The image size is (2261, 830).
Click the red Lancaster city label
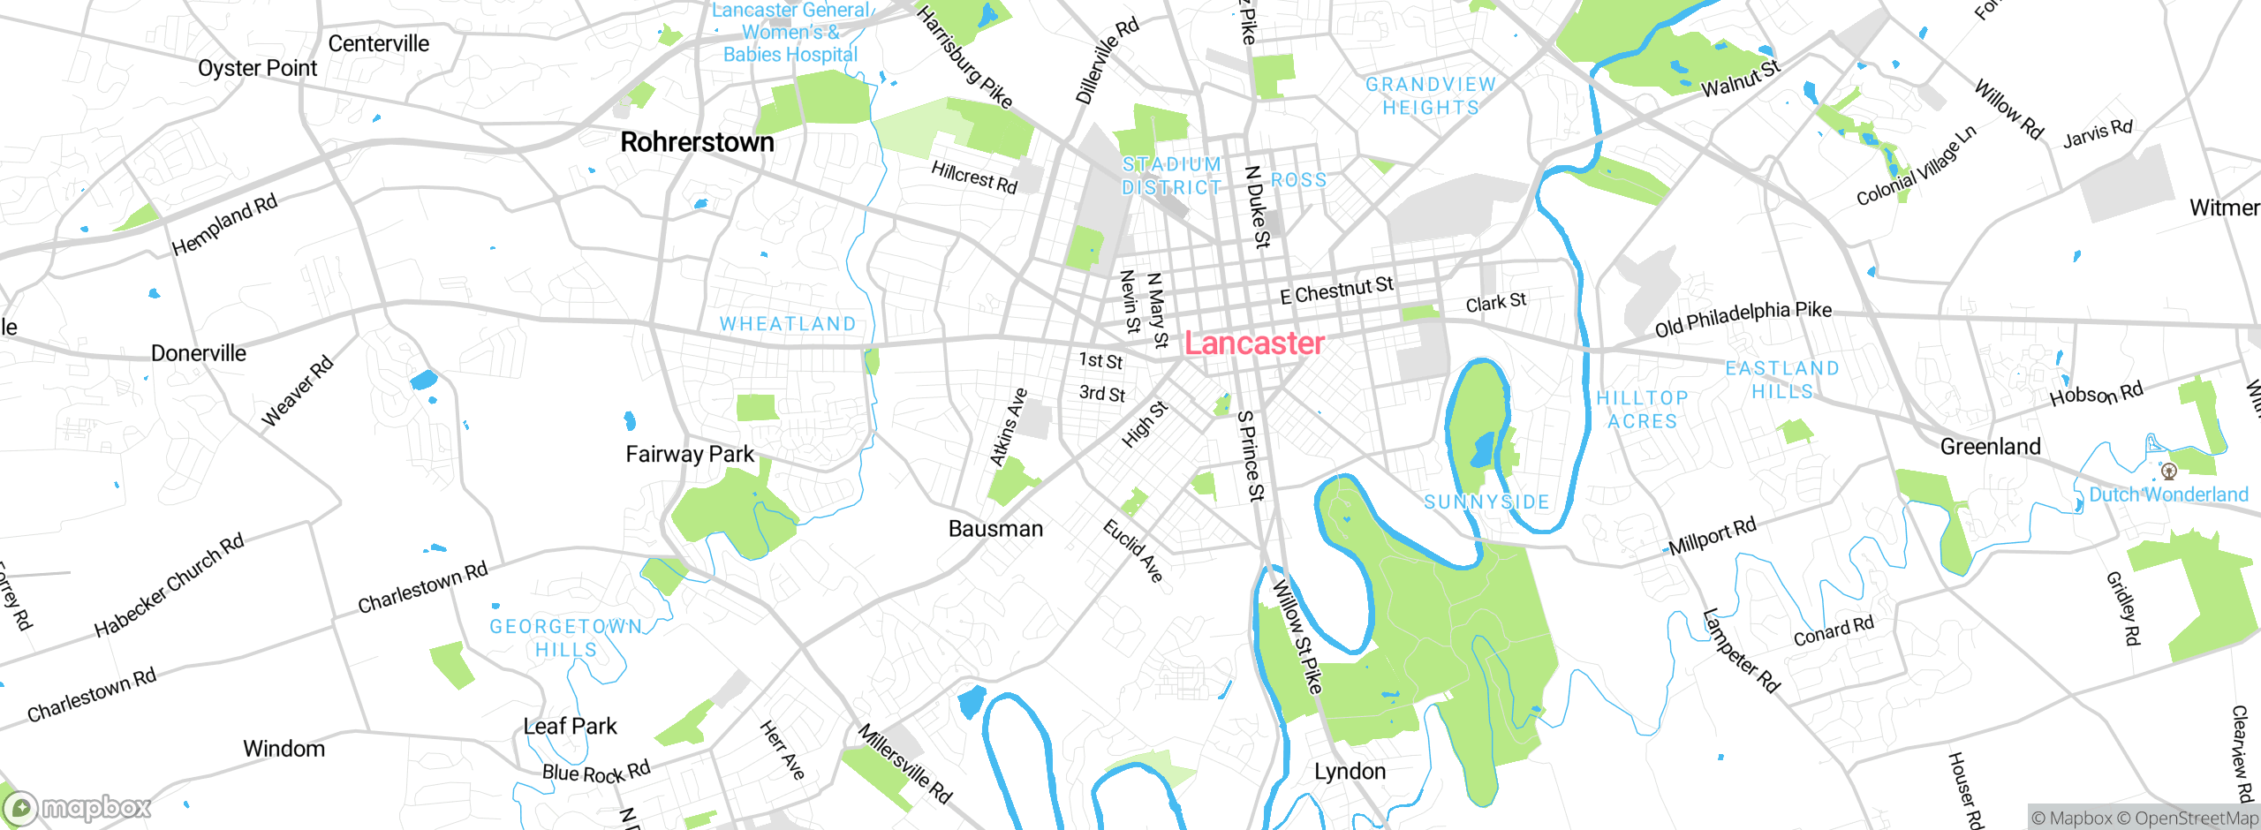click(x=1253, y=343)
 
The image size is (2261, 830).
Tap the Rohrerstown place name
click(x=697, y=142)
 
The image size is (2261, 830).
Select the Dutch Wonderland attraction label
click(x=2168, y=494)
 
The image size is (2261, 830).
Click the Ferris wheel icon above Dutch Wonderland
click(x=2168, y=472)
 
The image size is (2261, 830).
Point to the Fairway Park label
click(x=690, y=455)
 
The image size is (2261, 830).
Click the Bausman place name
click(x=995, y=529)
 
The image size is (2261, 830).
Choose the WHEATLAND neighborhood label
click(x=788, y=324)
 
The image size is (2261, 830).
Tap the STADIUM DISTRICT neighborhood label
click(x=1172, y=176)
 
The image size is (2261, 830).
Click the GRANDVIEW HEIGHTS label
click(x=1431, y=96)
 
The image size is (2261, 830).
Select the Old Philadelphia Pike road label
click(x=1743, y=319)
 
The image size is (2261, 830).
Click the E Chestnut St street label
click(x=1336, y=290)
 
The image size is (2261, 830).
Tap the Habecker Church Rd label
click(x=169, y=586)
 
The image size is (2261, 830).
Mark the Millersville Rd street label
click(x=905, y=765)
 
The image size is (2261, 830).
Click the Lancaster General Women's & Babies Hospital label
click(x=790, y=33)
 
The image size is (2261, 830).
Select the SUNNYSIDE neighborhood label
click(x=1486, y=502)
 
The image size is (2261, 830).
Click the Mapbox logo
click(x=78, y=808)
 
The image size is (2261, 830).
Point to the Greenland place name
click(x=1990, y=447)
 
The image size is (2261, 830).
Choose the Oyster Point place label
click(x=257, y=69)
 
